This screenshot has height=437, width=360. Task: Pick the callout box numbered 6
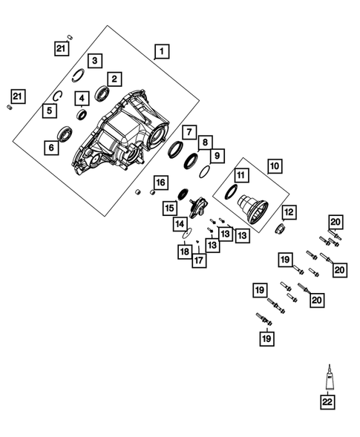pos(51,148)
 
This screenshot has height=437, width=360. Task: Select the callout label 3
pos(96,60)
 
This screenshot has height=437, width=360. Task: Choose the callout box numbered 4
pos(81,97)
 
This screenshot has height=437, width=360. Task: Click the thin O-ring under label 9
pos(206,172)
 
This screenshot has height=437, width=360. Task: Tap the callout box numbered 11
pos(240,176)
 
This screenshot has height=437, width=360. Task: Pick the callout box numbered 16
pos(160,183)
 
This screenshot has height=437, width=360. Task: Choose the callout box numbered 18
pos(184,252)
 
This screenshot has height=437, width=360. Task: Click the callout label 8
pos(206,141)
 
